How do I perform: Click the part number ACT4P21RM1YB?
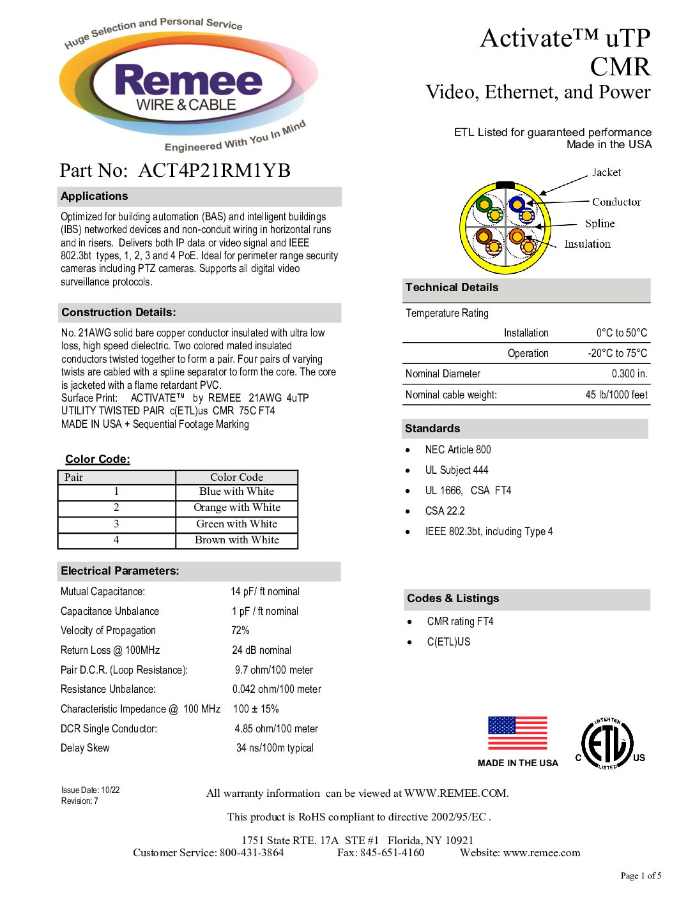214,170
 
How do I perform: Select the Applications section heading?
95,197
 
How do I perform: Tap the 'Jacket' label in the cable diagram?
606,172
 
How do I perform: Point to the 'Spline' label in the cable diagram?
600,223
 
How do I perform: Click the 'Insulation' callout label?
587,244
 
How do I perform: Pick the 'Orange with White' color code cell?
237,508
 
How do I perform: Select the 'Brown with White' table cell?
237,540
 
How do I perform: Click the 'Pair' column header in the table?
74,478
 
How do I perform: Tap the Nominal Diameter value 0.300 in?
629,374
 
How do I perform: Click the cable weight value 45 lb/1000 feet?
616,395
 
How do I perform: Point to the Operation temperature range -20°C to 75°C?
617,354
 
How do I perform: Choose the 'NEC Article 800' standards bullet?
458,450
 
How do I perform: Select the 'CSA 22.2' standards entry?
445,511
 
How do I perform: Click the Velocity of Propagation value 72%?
240,631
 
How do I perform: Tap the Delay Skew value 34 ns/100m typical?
275,748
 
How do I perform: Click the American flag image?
517,734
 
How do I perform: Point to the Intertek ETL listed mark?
607,744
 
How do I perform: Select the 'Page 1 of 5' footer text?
641,876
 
